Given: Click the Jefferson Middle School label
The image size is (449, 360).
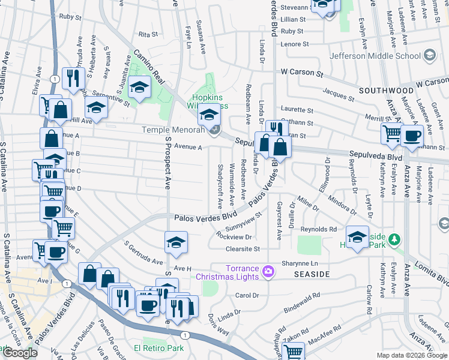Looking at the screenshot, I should (375, 56).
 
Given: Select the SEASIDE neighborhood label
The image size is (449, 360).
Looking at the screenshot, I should (312, 274).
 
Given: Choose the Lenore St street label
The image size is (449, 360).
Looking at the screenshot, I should (295, 44).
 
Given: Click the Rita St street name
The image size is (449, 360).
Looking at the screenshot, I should (148, 35).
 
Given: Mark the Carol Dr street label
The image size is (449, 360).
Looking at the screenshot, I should (247, 295).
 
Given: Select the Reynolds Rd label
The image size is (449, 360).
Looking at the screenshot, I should (319, 230).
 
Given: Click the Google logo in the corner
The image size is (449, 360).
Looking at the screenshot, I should (20, 353).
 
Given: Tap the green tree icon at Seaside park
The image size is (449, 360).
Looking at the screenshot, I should (394, 241).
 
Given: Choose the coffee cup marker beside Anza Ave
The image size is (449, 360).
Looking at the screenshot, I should (412, 136).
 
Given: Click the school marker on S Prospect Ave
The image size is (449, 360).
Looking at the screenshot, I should (175, 242).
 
